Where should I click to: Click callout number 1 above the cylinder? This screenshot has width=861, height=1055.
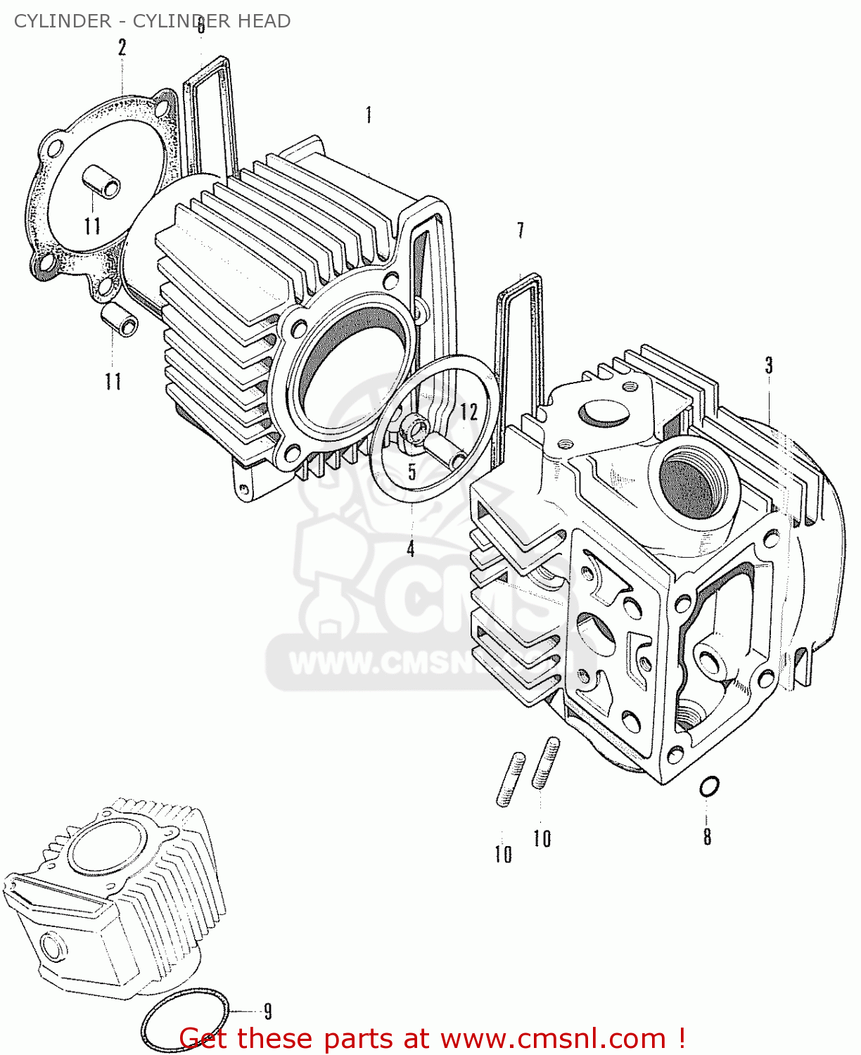(369, 115)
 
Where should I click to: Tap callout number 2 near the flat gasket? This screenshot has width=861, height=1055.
(122, 48)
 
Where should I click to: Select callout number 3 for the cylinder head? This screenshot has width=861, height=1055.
(769, 365)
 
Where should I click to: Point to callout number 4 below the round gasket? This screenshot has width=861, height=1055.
(411, 547)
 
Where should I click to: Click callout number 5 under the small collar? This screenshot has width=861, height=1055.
(412, 471)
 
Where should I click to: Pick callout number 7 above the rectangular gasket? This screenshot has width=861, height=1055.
(521, 230)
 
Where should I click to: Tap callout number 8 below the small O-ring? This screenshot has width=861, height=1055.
(707, 836)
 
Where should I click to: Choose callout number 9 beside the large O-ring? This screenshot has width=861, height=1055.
(267, 1011)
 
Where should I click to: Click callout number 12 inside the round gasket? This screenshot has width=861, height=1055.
(469, 411)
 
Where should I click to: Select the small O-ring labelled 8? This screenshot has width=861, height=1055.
(709, 786)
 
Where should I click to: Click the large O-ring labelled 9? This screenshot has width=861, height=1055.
(185, 1018)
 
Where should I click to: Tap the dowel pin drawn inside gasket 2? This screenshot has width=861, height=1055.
(101, 182)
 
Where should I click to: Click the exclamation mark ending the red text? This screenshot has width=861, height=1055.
(681, 1038)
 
